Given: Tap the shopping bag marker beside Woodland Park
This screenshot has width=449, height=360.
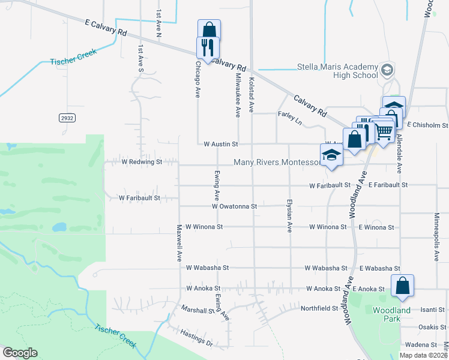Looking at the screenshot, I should [402, 286].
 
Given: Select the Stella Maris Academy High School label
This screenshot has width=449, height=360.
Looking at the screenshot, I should [338, 71].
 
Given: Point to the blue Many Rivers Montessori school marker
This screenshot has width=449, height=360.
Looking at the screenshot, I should [331, 155].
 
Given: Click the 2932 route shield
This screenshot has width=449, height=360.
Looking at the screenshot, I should [67, 118].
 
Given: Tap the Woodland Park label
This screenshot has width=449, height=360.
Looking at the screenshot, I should [391, 314].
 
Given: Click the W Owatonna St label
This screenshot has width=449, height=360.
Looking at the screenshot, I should [234, 206].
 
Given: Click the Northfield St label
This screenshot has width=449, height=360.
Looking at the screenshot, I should [320, 308].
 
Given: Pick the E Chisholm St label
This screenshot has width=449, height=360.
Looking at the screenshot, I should [427, 125].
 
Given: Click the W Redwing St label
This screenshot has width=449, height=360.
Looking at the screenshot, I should [142, 162].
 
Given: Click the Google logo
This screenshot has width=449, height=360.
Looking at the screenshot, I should [20, 353].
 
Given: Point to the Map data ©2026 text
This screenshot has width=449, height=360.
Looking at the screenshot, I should [424, 355].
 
